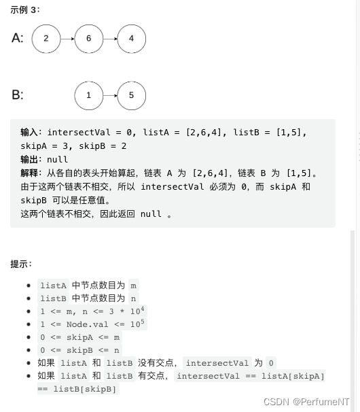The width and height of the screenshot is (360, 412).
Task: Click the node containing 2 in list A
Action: (x=46, y=39)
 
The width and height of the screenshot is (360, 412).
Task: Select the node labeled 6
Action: (x=89, y=39)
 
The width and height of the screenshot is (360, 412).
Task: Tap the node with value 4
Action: (x=131, y=39)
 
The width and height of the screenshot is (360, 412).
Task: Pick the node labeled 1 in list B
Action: (x=89, y=95)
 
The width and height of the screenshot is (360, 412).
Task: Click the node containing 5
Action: (x=131, y=95)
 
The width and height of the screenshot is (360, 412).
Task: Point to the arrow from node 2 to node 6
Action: (x=67, y=39)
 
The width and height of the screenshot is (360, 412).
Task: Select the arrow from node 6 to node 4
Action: (x=110, y=39)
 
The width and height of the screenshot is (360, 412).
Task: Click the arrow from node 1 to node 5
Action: (x=110, y=95)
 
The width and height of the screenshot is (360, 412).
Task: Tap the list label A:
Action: (x=18, y=39)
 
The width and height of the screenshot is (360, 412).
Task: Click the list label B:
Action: (x=18, y=95)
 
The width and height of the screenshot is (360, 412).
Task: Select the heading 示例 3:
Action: (x=24, y=9)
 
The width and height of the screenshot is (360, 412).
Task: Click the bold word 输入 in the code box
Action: (x=31, y=132)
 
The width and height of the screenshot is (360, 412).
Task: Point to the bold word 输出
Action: (x=31, y=159)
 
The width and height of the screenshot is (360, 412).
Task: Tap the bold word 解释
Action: (x=31, y=173)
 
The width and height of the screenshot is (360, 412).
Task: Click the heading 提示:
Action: (x=22, y=264)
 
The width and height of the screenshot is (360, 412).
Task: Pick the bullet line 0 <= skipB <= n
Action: (x=79, y=350)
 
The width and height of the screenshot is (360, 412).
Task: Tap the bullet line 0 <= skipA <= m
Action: (x=79, y=337)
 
